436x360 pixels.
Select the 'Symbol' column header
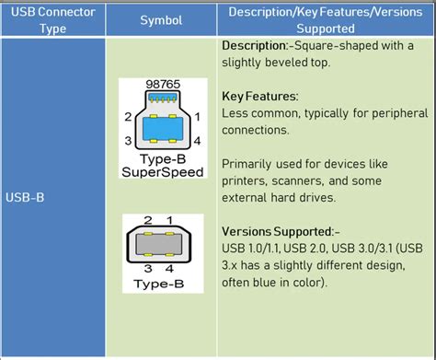(x=161, y=19)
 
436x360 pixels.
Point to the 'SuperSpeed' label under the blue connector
(x=163, y=171)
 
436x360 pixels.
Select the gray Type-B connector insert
(x=163, y=244)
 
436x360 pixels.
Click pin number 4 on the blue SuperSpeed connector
(x=198, y=141)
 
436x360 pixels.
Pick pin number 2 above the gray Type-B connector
(x=147, y=221)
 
